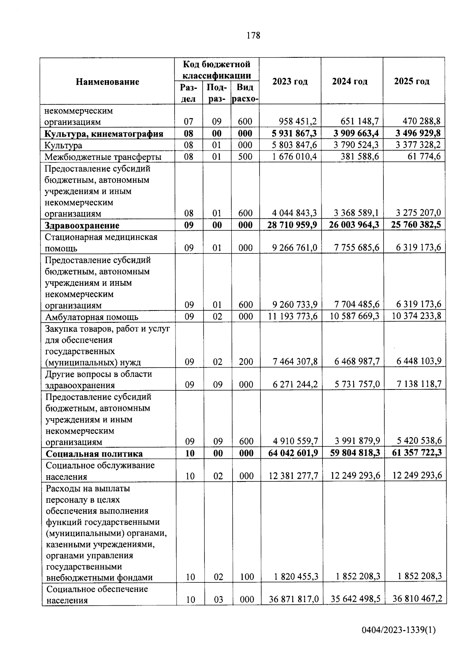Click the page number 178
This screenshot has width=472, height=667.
253,36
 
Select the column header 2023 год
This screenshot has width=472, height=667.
290,81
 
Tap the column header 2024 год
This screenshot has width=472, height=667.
350,81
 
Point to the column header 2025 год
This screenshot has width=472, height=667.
412,81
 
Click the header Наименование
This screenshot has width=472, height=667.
107,82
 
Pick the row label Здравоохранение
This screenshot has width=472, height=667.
82,226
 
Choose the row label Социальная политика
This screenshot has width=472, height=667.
94,454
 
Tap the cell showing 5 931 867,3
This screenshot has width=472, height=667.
294,134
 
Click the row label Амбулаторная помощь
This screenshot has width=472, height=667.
92,317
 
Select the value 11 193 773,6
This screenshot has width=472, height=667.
293,316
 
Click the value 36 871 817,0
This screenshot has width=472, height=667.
293,599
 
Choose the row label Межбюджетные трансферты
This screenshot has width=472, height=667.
103,157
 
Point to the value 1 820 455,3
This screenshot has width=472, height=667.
296,577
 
